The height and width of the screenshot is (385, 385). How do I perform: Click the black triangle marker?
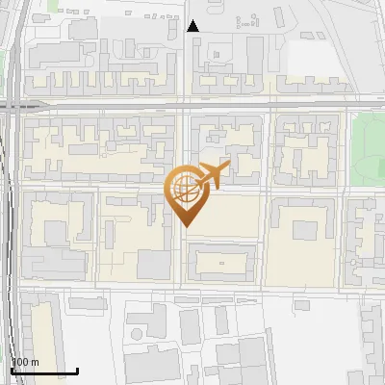pyautogui.click(x=193, y=26)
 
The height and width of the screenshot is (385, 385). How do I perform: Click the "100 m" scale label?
pyautogui.click(x=25, y=362)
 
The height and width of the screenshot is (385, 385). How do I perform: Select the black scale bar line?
pyautogui.click(x=44, y=371)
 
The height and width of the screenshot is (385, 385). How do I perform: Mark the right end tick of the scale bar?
pyautogui.click(x=77, y=369)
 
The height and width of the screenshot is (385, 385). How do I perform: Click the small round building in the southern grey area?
pyautogui.click(x=138, y=334)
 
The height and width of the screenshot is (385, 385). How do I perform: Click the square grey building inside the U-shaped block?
pyautogui.click(x=304, y=230)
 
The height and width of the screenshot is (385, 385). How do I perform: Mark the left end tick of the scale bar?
pyautogui.click(x=12, y=369)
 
